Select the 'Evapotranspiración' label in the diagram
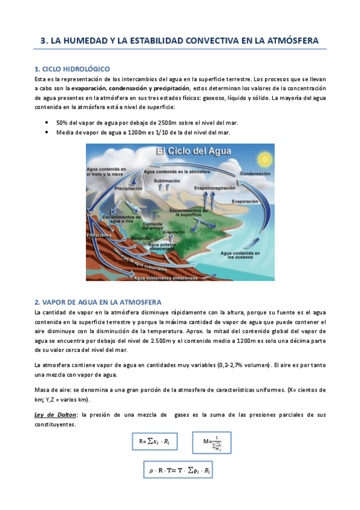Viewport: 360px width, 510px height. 215,188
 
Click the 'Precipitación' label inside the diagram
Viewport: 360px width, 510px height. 129,188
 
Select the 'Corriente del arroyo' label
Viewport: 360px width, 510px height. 153,226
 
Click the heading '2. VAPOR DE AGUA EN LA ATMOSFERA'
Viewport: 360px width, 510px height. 98,301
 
